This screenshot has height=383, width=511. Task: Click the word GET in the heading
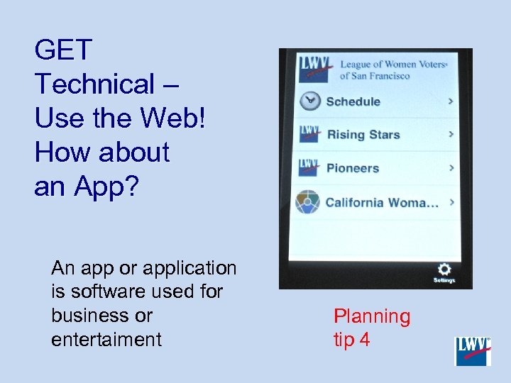click(63, 50)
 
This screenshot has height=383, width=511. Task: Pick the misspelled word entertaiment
click(106, 340)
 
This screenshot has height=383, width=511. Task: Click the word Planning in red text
click(372, 316)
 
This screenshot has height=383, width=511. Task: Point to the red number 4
click(364, 340)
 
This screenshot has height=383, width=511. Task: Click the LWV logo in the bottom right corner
click(473, 351)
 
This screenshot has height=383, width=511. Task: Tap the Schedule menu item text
click(353, 101)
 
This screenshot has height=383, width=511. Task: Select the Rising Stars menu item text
click(363, 135)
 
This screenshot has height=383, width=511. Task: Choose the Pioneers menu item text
click(352, 168)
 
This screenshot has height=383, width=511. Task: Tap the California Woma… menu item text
click(381, 202)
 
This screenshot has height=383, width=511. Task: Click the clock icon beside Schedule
click(309, 101)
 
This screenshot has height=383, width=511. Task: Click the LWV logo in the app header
click(315, 67)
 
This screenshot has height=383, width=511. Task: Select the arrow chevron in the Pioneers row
click(451, 168)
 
